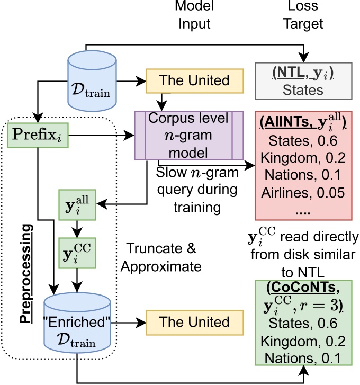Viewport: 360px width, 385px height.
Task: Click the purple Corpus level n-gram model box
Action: (x=189, y=136)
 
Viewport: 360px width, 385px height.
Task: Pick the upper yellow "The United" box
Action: (x=194, y=80)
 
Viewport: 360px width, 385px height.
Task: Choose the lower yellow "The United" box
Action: (x=194, y=322)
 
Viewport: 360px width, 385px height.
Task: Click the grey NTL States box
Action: (x=303, y=81)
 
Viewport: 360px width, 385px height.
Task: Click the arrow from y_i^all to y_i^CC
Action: (x=77, y=226)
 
